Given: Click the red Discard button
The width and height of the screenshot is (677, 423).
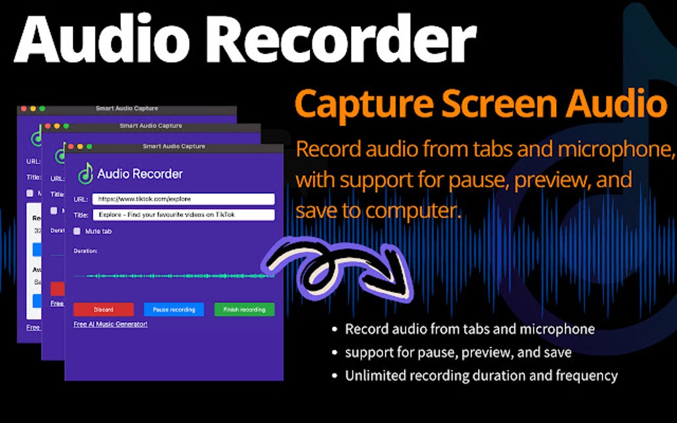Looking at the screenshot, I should click(x=104, y=310).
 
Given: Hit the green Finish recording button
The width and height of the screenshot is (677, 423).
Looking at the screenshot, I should click(x=244, y=310).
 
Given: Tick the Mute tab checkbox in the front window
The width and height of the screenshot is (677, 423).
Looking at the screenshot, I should click(x=78, y=231).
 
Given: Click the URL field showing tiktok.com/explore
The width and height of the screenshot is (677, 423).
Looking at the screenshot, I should click(x=183, y=199).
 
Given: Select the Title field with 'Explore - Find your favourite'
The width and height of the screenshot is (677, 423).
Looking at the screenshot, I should click(x=183, y=215).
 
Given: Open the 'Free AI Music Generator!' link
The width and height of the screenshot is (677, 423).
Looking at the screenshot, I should click(x=110, y=324).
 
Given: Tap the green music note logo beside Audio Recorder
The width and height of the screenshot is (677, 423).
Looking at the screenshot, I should click(x=85, y=174).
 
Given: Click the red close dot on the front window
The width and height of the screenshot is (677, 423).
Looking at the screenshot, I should click(x=70, y=146).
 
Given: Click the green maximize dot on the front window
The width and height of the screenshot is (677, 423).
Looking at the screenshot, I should click(x=89, y=146).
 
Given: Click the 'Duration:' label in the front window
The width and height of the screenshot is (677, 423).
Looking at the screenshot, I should click(x=86, y=251).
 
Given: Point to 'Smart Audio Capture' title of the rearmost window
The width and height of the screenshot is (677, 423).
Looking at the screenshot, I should click(x=127, y=108).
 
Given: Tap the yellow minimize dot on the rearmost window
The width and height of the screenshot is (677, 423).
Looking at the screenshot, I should click(x=33, y=108).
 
